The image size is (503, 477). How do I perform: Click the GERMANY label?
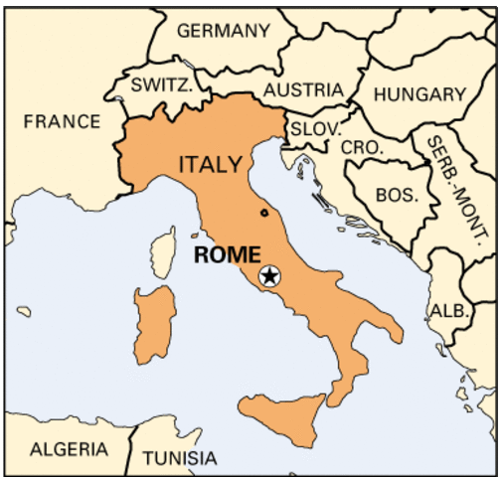point(223,31)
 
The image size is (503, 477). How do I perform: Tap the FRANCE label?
point(62,121)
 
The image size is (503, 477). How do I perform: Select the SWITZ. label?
point(161,85)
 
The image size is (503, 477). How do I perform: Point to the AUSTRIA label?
point(303,89)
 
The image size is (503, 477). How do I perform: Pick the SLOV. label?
point(314,129)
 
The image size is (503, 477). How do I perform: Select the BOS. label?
point(398,195)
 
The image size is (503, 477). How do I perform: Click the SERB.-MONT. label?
point(458,189)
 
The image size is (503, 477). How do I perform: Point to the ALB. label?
point(448,310)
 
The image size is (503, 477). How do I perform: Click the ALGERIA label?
point(68,449)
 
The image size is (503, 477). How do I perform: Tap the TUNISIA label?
point(179,458)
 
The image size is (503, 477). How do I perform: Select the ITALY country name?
point(210,163)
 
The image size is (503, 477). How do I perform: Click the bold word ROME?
point(226,253)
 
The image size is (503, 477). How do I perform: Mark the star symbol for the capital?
point(268,276)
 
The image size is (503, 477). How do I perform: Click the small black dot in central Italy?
point(263,212)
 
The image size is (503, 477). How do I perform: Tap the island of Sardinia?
point(155,324)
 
